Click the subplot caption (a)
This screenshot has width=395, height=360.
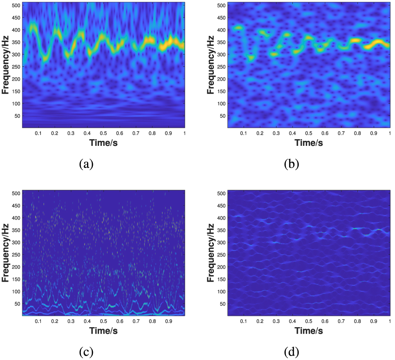[x=86, y=164]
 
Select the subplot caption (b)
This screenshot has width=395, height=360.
[x=291, y=164]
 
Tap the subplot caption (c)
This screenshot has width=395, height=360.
[x=86, y=352]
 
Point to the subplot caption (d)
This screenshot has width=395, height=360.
[x=291, y=352]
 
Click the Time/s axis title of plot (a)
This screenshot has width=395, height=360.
[x=103, y=142]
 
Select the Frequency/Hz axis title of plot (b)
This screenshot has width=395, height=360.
[x=210, y=65]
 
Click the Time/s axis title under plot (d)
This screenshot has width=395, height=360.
[x=309, y=331]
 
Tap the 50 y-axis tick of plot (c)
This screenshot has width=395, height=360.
[x=17, y=304]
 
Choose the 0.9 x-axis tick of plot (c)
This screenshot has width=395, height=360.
[x=168, y=321]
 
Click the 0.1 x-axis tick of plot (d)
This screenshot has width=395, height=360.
[x=243, y=321]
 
